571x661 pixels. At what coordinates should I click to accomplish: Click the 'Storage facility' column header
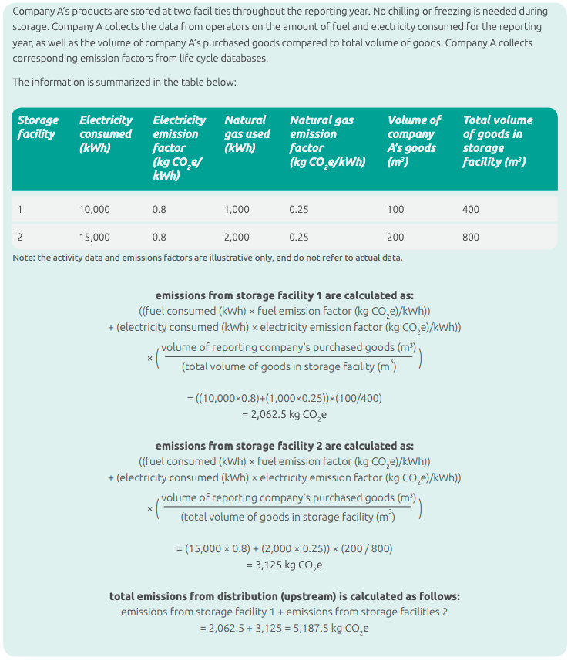click(38, 127)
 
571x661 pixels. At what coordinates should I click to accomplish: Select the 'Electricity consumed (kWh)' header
click(106, 133)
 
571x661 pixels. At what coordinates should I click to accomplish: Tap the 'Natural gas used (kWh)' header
click(247, 133)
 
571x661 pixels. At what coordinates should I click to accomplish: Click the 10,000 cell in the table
click(95, 209)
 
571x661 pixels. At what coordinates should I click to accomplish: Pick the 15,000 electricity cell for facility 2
click(95, 237)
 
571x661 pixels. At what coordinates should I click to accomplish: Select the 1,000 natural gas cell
click(237, 209)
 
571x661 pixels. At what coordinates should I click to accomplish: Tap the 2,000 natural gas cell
click(237, 237)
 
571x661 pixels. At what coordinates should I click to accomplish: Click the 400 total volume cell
click(470, 209)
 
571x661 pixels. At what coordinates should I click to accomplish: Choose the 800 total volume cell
click(470, 237)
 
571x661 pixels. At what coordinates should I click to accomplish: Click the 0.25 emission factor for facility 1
click(299, 209)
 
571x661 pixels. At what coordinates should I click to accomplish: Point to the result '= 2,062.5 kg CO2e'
click(284, 414)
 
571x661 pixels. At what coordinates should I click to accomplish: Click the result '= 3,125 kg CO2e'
click(284, 565)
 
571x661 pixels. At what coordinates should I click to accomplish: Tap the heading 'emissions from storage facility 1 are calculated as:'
click(284, 295)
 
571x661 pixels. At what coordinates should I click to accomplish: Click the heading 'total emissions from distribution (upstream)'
click(284, 596)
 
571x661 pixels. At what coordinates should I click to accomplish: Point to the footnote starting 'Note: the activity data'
click(207, 258)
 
